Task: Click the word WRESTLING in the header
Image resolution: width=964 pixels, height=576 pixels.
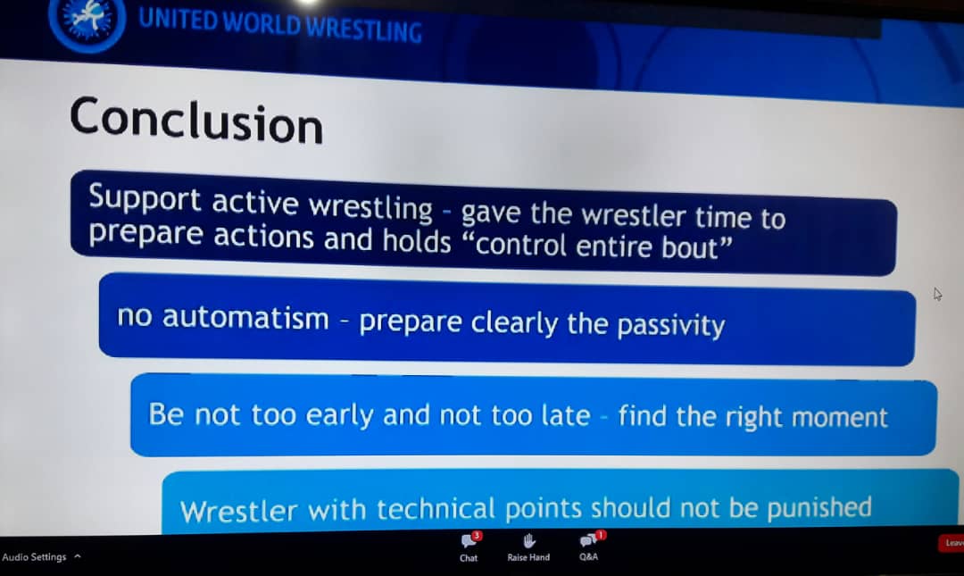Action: tap(364, 29)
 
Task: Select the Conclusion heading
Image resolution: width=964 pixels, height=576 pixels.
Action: tap(196, 121)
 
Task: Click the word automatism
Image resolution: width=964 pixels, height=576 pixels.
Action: tap(245, 318)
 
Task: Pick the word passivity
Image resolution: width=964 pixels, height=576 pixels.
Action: tap(670, 325)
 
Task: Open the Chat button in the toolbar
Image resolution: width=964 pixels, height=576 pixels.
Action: tap(469, 547)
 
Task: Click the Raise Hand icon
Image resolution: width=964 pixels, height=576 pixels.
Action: tap(528, 541)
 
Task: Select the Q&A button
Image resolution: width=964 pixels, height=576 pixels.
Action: tap(589, 546)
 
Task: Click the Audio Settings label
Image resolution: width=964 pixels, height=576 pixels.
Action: tap(35, 557)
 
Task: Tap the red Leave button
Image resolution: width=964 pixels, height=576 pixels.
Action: tap(952, 543)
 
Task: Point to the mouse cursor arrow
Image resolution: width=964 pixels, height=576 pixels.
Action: tap(937, 294)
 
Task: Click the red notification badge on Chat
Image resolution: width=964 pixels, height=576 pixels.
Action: tap(477, 536)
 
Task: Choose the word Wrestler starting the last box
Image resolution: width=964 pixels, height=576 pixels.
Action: tap(238, 511)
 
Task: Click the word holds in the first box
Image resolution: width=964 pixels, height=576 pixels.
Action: tap(417, 240)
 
